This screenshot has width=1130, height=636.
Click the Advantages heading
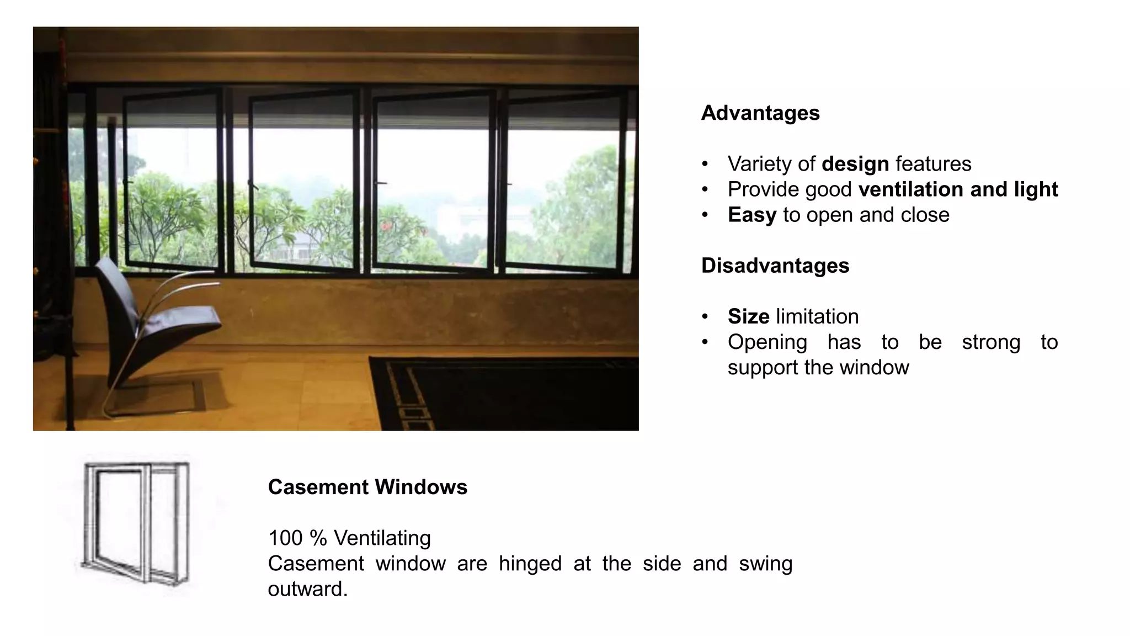[760, 113]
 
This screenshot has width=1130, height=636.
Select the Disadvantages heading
[775, 266]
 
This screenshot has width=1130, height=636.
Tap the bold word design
[855, 164]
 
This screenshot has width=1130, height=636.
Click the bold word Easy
[751, 215]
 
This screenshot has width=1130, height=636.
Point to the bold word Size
[748, 317]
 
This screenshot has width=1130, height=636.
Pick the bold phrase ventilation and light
[958, 189]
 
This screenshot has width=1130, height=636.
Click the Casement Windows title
[367, 487]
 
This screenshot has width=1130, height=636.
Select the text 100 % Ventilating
[349, 538]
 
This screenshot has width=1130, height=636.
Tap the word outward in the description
[307, 589]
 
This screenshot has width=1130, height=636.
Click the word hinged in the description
[530, 564]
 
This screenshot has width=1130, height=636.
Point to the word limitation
[817, 317]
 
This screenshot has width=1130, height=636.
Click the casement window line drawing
[136, 522]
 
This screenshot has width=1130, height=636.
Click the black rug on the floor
[508, 392]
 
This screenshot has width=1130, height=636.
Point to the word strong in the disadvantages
[991, 342]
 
